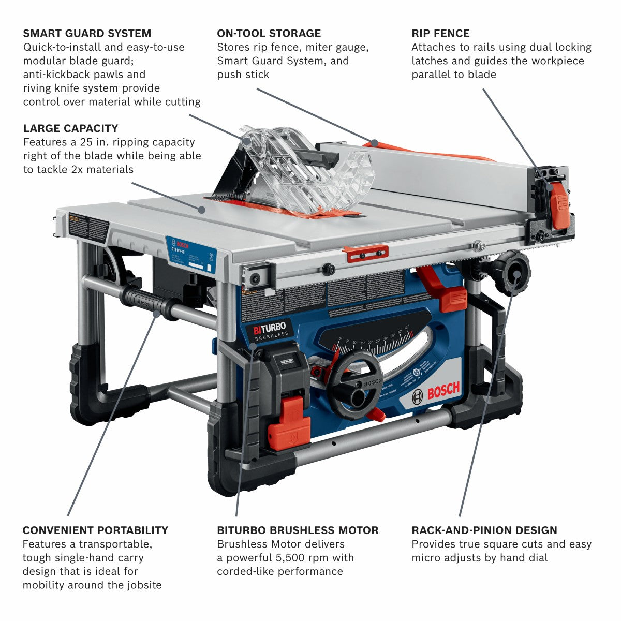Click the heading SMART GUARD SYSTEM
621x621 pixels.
click(x=87, y=34)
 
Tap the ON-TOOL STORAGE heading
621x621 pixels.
click(x=269, y=34)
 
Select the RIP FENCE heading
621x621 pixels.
click(x=440, y=34)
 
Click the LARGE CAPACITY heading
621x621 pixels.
click(x=70, y=128)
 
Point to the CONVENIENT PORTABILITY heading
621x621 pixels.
click(x=95, y=530)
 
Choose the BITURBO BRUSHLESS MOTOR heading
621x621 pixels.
click(x=298, y=530)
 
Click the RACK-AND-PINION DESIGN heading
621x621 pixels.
click(x=484, y=530)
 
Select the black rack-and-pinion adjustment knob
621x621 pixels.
click(x=511, y=272)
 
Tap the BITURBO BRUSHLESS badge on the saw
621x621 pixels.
click(x=270, y=331)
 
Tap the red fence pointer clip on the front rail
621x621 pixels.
click(x=365, y=253)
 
